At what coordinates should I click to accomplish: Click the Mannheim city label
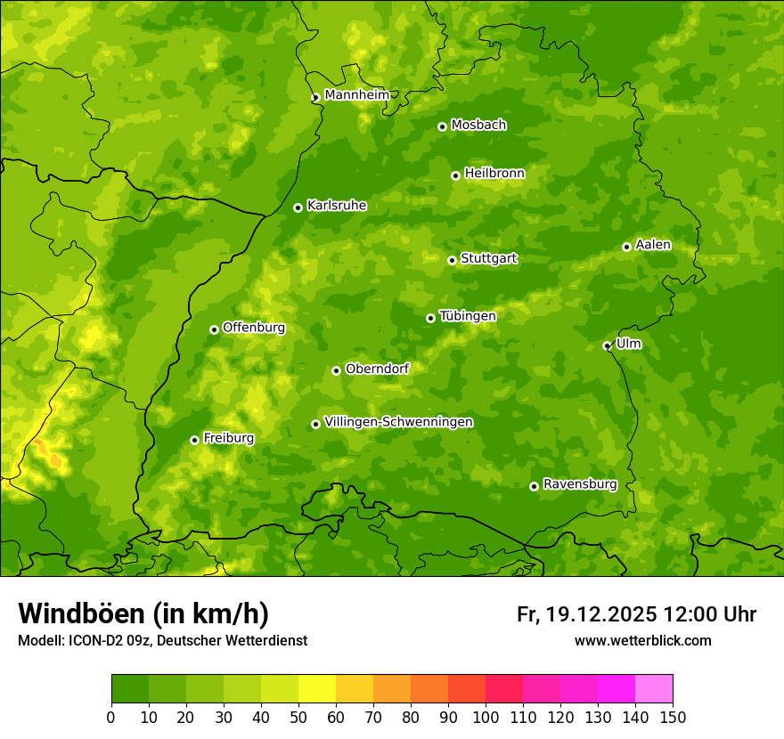pos(356,95)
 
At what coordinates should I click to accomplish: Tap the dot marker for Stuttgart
pos(452,260)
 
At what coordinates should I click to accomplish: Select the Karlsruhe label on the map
pos(336,206)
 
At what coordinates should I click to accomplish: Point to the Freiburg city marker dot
pos(194,440)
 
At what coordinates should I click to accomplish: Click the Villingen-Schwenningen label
pos(398,422)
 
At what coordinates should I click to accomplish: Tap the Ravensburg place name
pos(579,484)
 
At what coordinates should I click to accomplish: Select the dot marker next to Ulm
pos(607,345)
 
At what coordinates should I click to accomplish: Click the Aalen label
pos(653,245)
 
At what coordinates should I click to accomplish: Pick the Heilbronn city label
pos(494,174)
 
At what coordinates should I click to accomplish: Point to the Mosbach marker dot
pos(442,126)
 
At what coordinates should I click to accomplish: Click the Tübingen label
pos(467,316)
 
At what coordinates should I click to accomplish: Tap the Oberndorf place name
pos(377,369)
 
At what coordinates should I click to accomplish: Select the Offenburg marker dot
pos(214,329)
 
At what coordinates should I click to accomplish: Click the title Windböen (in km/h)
pos(143,613)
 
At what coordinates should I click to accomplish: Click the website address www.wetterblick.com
pos(642,640)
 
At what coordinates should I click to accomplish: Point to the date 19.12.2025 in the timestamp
pos(601,614)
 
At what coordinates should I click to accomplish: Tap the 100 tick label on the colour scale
pos(486,717)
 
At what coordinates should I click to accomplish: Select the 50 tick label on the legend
pos(298,717)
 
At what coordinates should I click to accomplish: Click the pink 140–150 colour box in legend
pos(653,689)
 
